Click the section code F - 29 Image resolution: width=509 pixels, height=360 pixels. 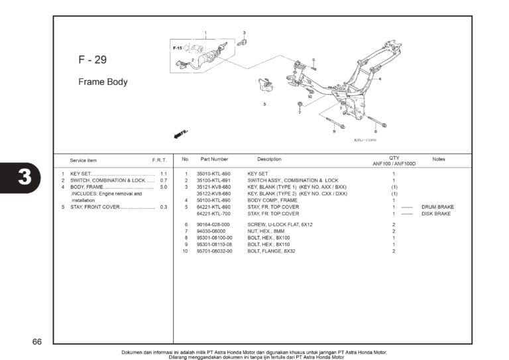coord(92,60)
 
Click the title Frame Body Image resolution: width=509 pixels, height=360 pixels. coord(103,82)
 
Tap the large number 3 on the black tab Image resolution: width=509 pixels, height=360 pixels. coord(24,177)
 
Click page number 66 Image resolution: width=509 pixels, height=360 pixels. coord(36,342)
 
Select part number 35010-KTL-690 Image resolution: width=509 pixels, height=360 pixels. coord(213,173)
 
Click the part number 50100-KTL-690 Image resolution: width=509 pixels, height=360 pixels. coord(213,200)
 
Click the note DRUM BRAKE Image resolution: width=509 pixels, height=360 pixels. coord(437,207)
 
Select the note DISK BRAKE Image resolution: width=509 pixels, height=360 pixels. coord(436,214)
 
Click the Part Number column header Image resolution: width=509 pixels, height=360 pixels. coord(214,159)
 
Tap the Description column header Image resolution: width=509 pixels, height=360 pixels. coord(269,159)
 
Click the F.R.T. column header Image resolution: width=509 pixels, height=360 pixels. coord(159,160)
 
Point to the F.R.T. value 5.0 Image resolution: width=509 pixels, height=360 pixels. coord(164,187)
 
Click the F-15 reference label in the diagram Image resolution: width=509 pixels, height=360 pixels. coord(178,48)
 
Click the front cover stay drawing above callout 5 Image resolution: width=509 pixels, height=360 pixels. coord(266,86)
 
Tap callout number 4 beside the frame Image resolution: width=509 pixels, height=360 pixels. coord(380,79)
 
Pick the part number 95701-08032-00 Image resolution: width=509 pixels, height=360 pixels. coord(215,251)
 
